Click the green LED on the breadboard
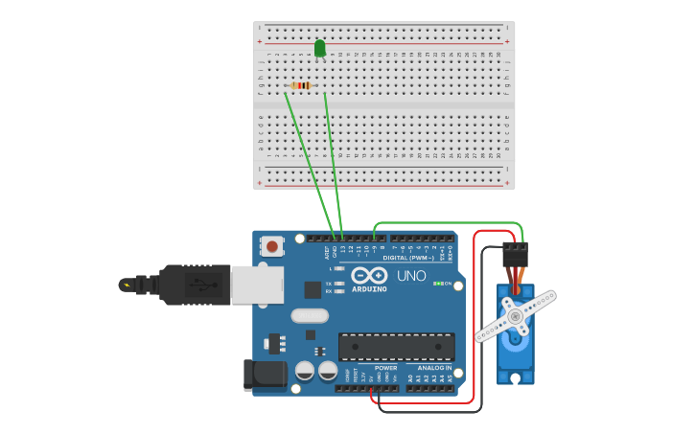(x=319, y=48)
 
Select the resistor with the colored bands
(x=301, y=86)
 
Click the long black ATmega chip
(x=396, y=347)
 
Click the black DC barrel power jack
(x=265, y=375)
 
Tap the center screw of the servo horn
(x=515, y=315)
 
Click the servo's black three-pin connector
(x=515, y=254)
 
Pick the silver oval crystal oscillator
(x=309, y=315)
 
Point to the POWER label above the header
(x=385, y=368)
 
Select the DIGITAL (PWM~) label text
(x=408, y=258)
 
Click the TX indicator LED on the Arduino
(x=339, y=284)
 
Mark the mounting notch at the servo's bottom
(x=516, y=379)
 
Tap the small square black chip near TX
(x=313, y=289)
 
